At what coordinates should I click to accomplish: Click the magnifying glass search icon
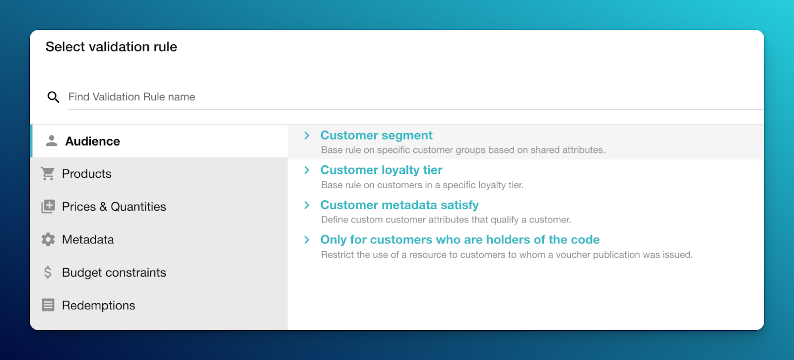[x=53, y=97]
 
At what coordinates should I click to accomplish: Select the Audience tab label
[x=93, y=142]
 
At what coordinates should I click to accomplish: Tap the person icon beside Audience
[x=52, y=141]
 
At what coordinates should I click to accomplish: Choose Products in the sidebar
[x=87, y=174]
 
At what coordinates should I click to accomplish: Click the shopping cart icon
[x=48, y=174]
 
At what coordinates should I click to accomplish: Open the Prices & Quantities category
[x=114, y=207]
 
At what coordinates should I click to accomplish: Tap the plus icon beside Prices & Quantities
[x=48, y=207]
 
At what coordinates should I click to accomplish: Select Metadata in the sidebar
[x=88, y=239]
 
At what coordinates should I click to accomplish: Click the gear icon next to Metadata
[x=48, y=239]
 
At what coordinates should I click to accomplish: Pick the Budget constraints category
[x=114, y=273]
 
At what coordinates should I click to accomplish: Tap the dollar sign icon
[x=48, y=273]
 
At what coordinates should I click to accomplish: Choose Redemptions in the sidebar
[x=99, y=305]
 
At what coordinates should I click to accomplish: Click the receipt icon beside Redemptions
[x=48, y=305]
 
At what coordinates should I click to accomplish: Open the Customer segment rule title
[x=376, y=136]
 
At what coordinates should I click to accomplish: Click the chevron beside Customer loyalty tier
[x=307, y=170]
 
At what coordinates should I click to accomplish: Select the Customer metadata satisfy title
[x=399, y=205]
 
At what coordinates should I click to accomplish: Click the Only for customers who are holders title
[x=460, y=240]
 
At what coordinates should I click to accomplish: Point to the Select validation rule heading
[x=111, y=47]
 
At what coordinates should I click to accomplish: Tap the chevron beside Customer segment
[x=307, y=136]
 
